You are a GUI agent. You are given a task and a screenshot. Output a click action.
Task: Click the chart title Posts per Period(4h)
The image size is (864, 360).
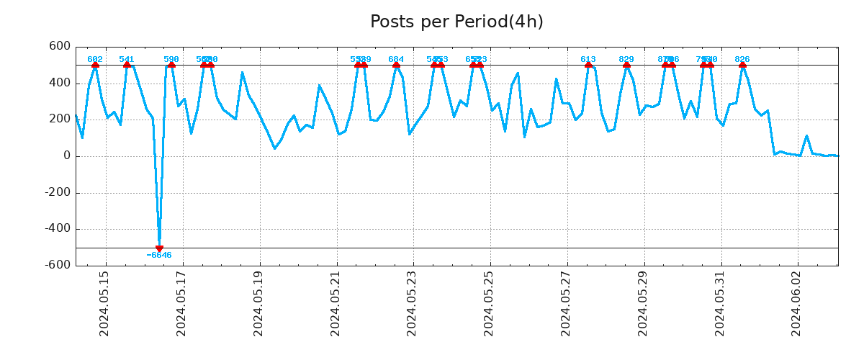coord(456,22)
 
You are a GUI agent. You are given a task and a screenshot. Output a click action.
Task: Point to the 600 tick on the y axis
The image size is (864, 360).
coord(59,46)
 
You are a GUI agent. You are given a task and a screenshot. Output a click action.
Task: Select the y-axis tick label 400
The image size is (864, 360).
coord(59,83)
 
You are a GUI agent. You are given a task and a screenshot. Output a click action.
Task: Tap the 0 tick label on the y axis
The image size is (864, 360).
coord(66,156)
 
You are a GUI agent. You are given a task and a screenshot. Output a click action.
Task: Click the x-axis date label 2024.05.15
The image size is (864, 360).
coord(104,303)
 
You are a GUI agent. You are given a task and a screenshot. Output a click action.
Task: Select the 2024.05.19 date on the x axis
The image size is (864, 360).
coord(258,303)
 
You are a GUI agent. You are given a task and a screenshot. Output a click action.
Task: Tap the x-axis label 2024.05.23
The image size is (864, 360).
coord(412,303)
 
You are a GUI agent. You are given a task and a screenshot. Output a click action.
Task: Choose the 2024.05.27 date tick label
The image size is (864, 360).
coord(566,303)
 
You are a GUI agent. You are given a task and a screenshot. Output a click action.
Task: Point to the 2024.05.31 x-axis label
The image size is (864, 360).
coord(719,303)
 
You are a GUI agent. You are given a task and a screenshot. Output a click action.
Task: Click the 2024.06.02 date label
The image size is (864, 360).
coord(796,303)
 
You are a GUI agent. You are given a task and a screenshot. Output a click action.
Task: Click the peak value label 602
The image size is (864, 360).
coord(95,59)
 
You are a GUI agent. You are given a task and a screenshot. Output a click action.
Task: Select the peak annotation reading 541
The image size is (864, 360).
coord(127,59)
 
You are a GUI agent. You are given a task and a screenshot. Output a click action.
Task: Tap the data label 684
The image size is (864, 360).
coord(396,59)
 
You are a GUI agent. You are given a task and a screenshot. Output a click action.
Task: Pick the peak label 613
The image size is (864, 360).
coord(588,59)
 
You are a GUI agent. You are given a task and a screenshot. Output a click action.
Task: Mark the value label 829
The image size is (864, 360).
coord(626,59)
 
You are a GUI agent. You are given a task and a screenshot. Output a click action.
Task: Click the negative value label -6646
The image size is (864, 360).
coord(159,256)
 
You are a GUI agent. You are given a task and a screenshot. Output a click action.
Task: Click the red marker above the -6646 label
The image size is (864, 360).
coord(159,248)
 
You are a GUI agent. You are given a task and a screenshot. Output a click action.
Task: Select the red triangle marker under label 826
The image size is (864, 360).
coord(742,66)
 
